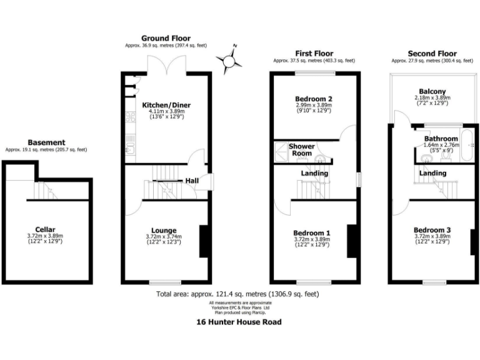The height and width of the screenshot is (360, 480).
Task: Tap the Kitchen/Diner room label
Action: point(166,104)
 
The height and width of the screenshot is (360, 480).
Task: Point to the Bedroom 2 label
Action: point(313,99)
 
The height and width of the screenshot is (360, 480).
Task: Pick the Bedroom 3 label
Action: point(432,230)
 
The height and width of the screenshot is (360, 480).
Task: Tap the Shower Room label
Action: point(301,149)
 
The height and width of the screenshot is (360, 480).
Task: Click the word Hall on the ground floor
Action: point(191,181)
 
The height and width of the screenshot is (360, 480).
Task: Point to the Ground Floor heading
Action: point(166,38)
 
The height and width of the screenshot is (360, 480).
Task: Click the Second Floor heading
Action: point(432,54)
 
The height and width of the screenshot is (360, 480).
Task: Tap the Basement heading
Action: point(46,142)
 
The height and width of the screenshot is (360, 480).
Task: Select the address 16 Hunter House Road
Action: point(239,322)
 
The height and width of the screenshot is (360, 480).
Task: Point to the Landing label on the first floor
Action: point(314,173)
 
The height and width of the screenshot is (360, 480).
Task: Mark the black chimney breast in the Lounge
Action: point(204,241)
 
